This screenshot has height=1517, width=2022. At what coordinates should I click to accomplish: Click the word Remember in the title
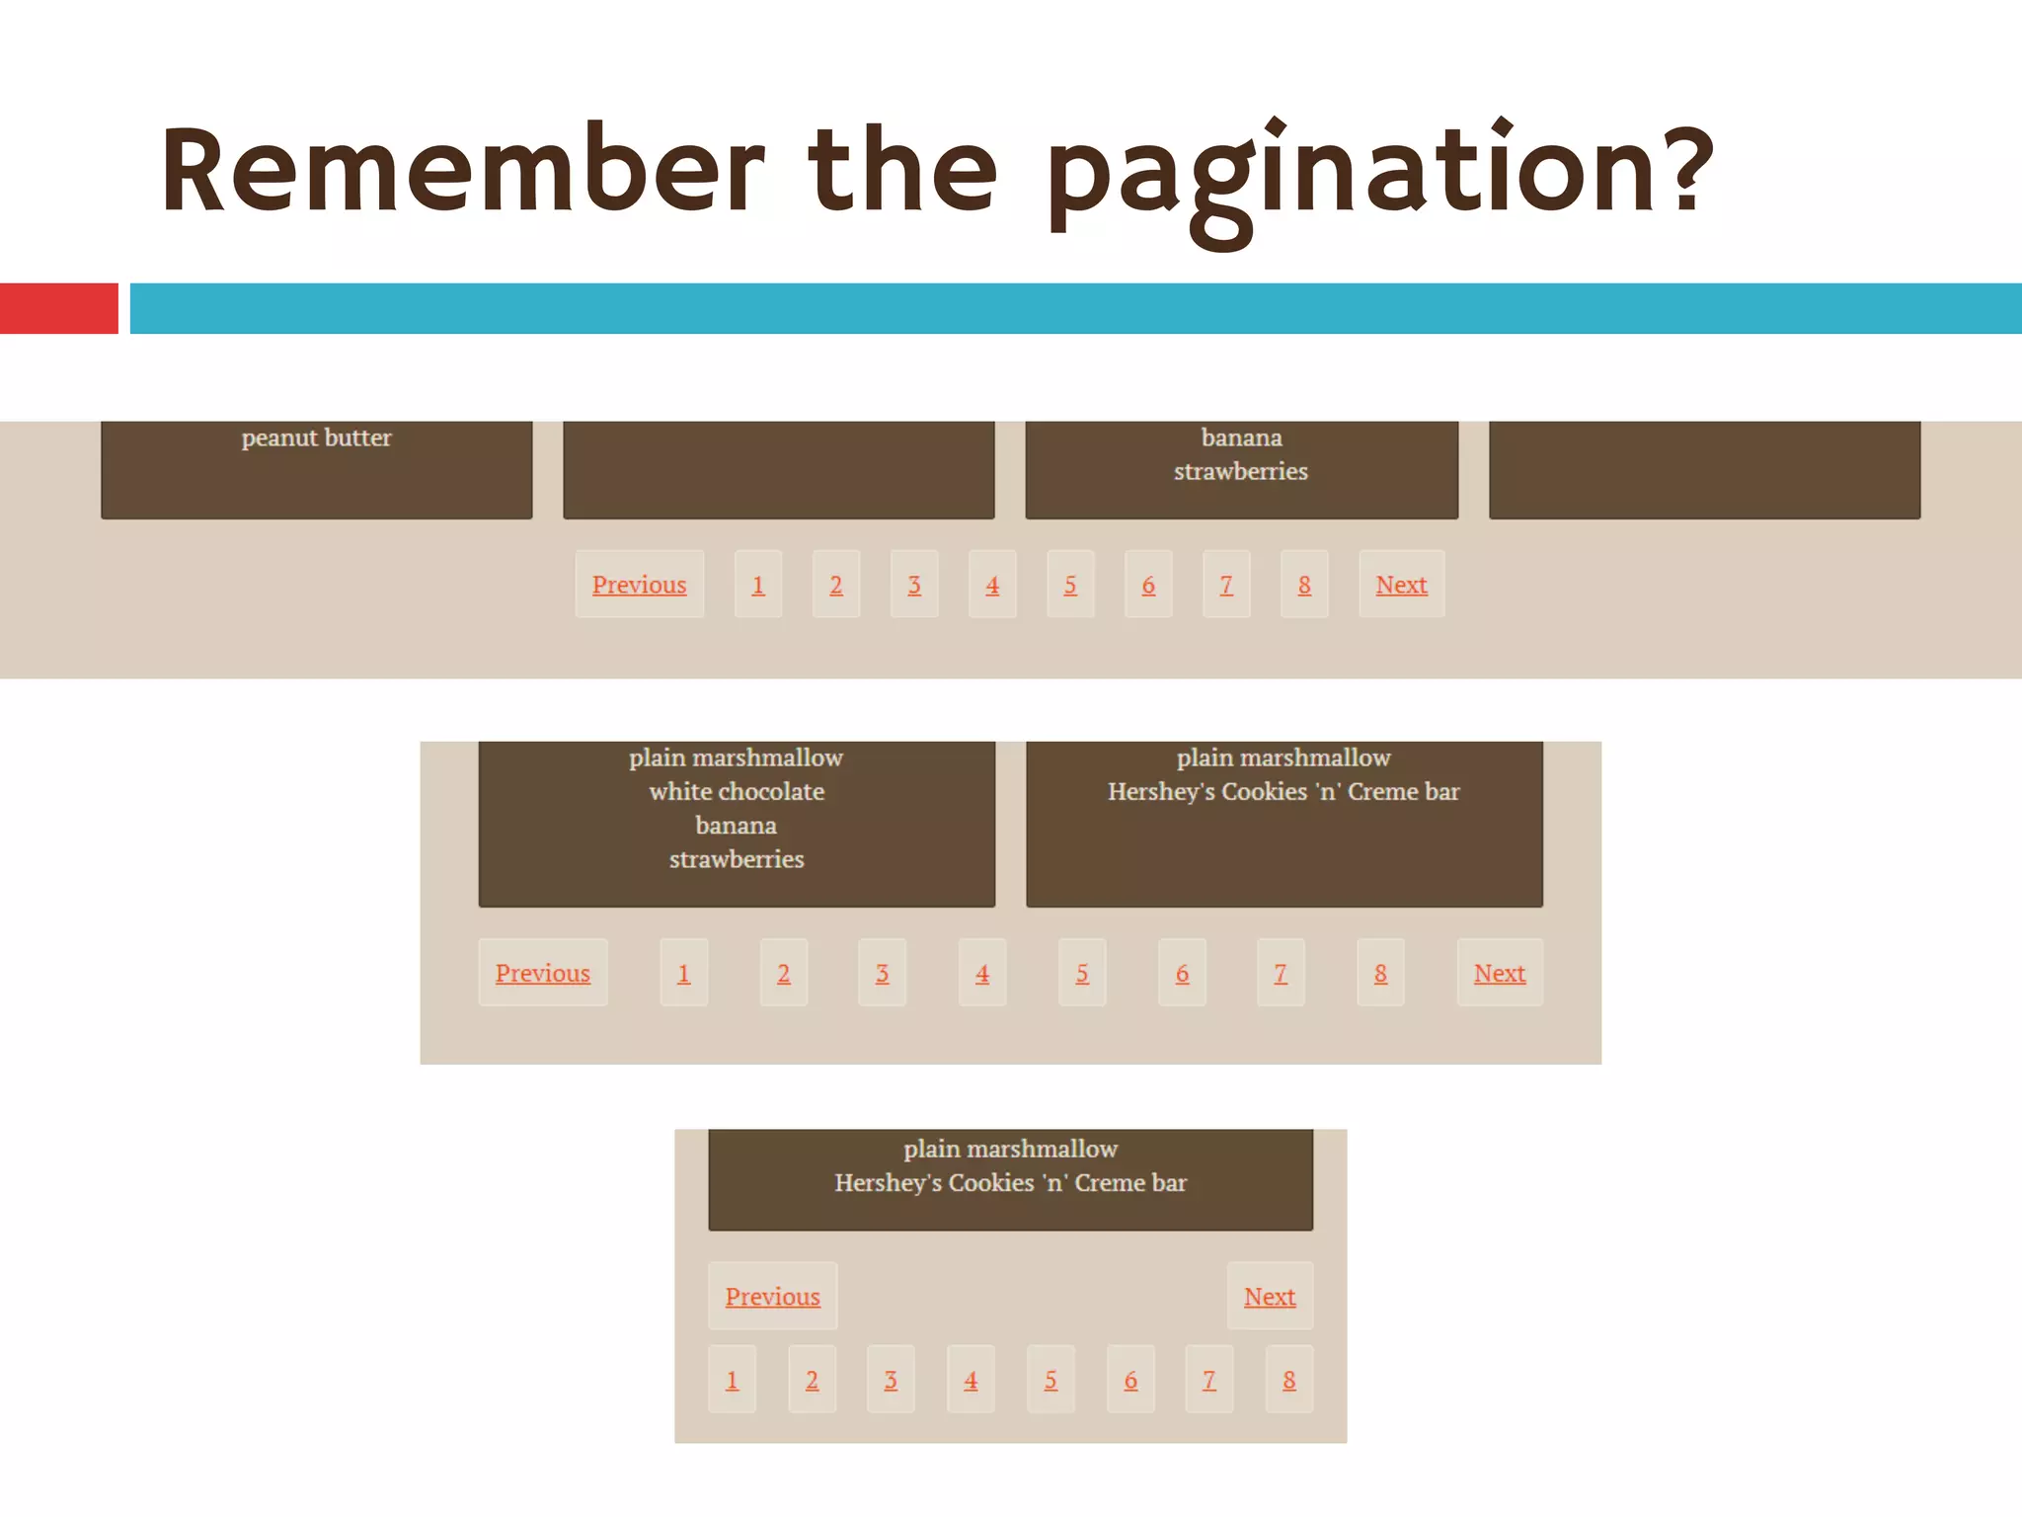462,170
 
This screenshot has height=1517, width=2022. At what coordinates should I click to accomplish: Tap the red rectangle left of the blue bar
58,308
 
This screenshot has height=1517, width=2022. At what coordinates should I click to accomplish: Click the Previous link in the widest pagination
639,585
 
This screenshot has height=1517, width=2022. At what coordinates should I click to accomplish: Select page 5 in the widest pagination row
1070,585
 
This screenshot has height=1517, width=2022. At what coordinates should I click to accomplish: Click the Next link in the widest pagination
1401,585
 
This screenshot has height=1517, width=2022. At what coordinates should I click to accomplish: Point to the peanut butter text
316,438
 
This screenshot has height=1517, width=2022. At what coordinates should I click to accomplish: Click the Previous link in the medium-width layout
542,973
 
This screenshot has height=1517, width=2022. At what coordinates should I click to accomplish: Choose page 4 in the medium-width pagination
982,973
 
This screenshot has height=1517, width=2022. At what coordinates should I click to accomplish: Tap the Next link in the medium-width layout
1499,973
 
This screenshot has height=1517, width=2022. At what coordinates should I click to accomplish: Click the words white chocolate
737,791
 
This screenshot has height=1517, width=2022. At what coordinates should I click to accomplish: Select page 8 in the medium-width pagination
1380,973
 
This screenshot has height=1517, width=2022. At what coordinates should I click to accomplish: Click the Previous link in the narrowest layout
772,1296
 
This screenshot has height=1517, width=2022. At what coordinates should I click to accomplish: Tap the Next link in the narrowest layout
1270,1296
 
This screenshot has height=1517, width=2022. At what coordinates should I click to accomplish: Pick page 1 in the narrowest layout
732,1380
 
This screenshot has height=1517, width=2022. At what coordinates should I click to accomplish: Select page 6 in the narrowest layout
1130,1380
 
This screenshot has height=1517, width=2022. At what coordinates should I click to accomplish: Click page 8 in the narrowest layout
1289,1380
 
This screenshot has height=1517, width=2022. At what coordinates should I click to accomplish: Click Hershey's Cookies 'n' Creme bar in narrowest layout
1010,1182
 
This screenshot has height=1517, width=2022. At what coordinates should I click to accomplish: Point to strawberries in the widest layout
1240,471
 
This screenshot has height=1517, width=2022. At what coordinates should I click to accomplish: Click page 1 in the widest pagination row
758,585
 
